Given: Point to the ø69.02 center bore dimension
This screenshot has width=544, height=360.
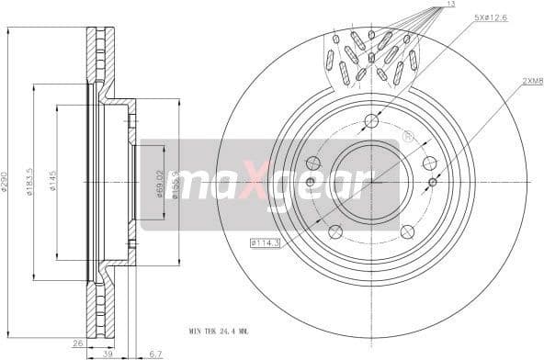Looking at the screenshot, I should tap(159, 183).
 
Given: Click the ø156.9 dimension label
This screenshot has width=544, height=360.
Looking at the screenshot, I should tap(173, 185).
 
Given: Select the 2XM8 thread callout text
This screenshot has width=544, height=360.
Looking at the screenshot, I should tap(532, 81).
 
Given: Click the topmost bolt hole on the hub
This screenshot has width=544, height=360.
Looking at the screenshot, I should tap(372, 120).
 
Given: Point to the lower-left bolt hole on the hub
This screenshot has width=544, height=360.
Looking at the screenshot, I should tap(334, 231).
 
